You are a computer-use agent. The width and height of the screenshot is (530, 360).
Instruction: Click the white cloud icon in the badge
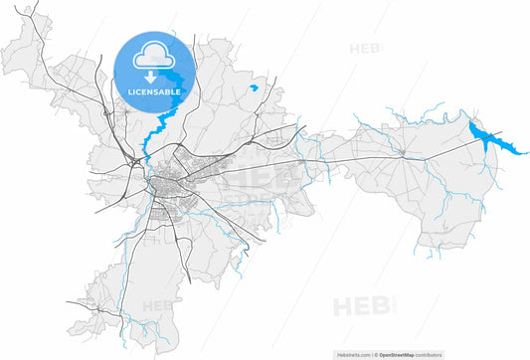154,55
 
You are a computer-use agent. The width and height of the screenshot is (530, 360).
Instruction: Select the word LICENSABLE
154,91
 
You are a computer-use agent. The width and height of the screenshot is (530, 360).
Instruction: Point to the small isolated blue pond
255,89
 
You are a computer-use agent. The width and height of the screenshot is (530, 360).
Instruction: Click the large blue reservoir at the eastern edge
486,137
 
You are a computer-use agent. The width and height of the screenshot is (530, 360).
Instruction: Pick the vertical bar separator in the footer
375,354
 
